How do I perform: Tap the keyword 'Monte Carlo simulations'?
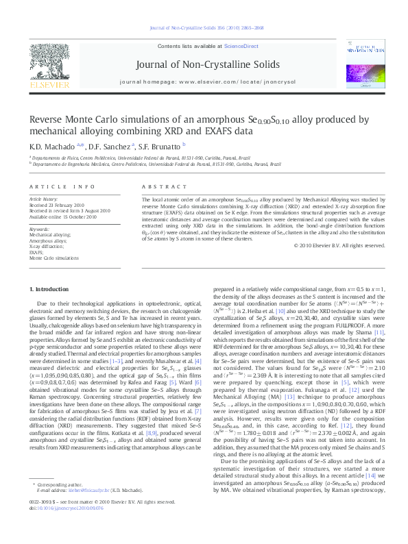[55, 258]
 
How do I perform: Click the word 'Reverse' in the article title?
[48, 120]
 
